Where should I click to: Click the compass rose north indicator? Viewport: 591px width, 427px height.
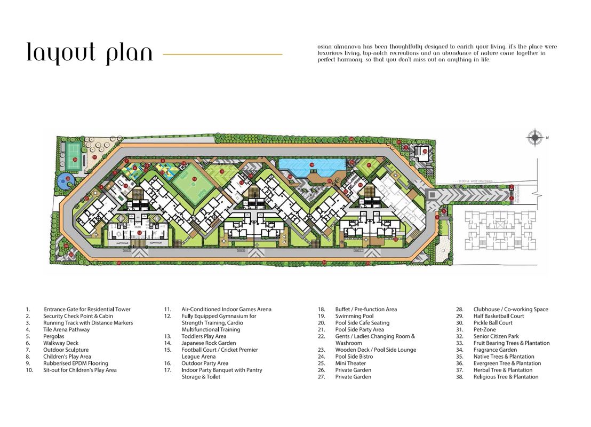(x=534, y=138)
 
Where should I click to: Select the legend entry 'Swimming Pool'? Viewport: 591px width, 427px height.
(x=354, y=316)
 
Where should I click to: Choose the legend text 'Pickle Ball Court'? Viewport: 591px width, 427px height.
(x=492, y=323)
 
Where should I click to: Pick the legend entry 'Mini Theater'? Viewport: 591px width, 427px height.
(x=350, y=363)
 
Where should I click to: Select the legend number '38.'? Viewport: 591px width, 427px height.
(x=459, y=377)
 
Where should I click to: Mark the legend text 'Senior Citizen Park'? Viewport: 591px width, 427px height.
(x=496, y=336)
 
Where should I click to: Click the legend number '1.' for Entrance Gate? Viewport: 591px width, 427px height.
(x=27, y=310)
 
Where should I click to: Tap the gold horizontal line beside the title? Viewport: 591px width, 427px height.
(x=222, y=54)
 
